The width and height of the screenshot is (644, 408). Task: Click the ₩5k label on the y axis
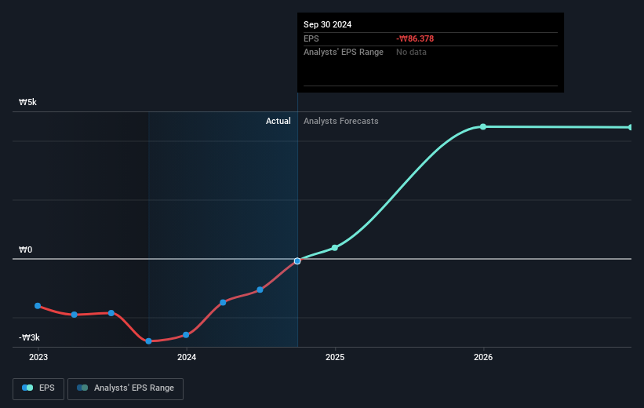click(27, 103)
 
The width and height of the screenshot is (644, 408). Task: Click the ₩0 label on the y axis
click(26, 250)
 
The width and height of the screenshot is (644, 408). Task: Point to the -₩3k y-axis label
click(29, 337)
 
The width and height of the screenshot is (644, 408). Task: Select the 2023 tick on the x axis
click(38, 357)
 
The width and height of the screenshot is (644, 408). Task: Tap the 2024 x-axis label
click(187, 357)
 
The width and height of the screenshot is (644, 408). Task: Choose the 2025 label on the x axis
click(335, 357)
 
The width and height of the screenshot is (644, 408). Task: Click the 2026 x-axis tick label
click(483, 357)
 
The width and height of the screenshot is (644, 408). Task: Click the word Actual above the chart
click(278, 121)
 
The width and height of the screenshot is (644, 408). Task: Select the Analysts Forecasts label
click(340, 121)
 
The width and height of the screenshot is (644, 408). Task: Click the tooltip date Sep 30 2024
click(328, 24)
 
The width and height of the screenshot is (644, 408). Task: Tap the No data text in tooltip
click(412, 52)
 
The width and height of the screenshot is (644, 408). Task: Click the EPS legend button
click(38, 388)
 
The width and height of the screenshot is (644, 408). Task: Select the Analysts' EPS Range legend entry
click(126, 388)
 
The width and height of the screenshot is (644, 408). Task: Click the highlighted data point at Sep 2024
click(297, 260)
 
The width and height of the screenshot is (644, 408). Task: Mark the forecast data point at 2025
click(335, 248)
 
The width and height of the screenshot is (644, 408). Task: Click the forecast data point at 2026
click(483, 126)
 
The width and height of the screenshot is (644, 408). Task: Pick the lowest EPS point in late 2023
click(148, 341)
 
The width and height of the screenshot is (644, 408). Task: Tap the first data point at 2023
click(38, 305)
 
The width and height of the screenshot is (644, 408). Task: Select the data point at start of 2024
click(186, 335)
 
